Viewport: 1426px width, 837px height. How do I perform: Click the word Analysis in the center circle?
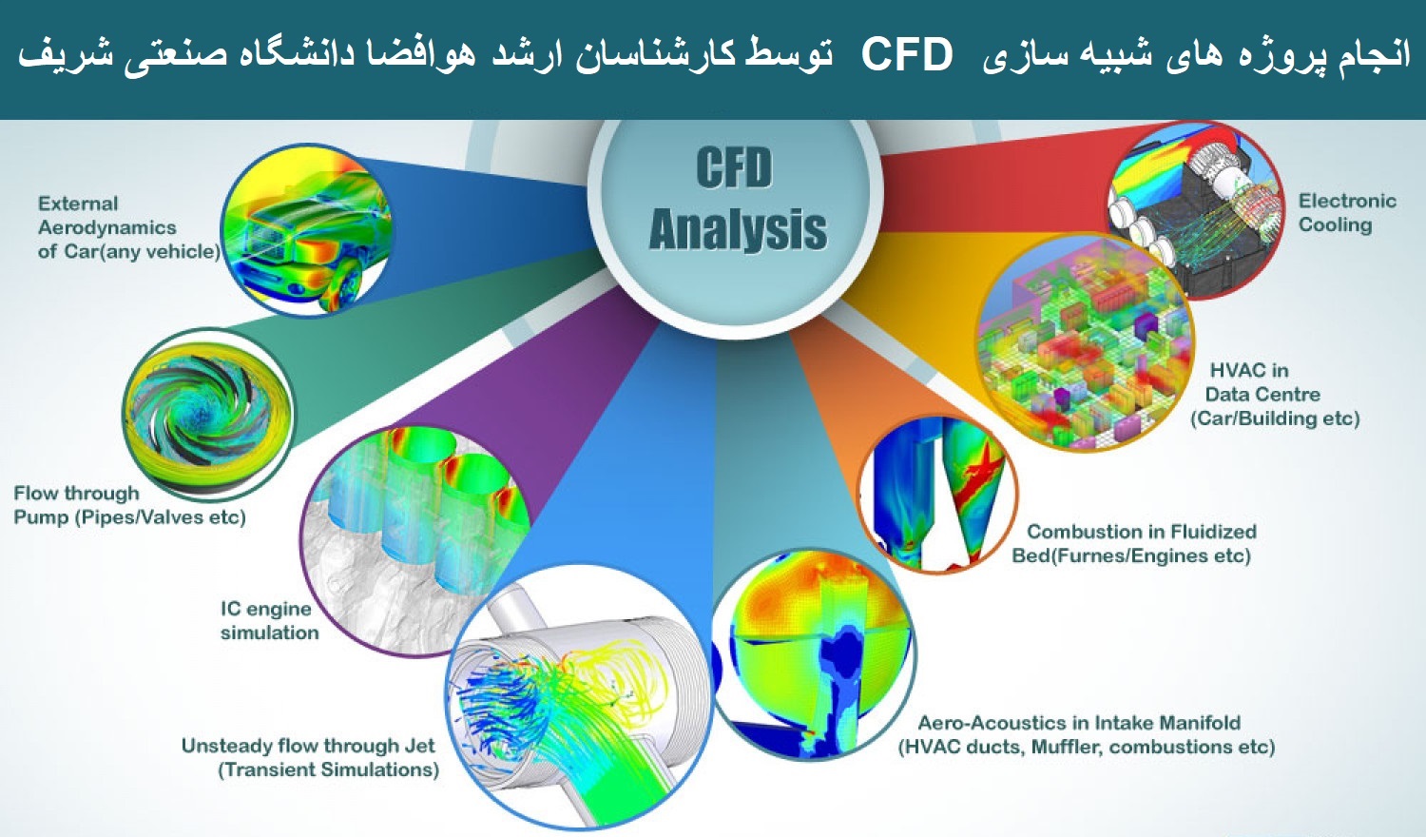[x=738, y=230]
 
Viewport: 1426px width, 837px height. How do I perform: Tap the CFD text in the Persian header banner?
[x=907, y=54]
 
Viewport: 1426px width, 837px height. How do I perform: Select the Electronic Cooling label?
[x=1347, y=213]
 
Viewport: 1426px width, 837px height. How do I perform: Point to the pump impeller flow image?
[x=208, y=414]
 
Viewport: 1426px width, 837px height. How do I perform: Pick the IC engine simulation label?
[x=269, y=620]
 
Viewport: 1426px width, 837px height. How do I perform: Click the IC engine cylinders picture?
[x=414, y=541]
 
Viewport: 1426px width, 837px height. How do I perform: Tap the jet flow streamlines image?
[x=579, y=697]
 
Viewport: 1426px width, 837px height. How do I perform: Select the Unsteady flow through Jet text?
[x=310, y=757]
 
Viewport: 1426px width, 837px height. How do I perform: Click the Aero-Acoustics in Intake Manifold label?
[x=1086, y=734]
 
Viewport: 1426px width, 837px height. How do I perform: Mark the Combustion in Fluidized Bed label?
[x=1134, y=543]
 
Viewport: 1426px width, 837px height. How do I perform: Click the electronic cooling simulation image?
[x=1195, y=210]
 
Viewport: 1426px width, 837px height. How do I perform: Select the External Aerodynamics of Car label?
[x=129, y=227]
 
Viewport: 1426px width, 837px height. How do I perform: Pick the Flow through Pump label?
[x=130, y=504]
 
